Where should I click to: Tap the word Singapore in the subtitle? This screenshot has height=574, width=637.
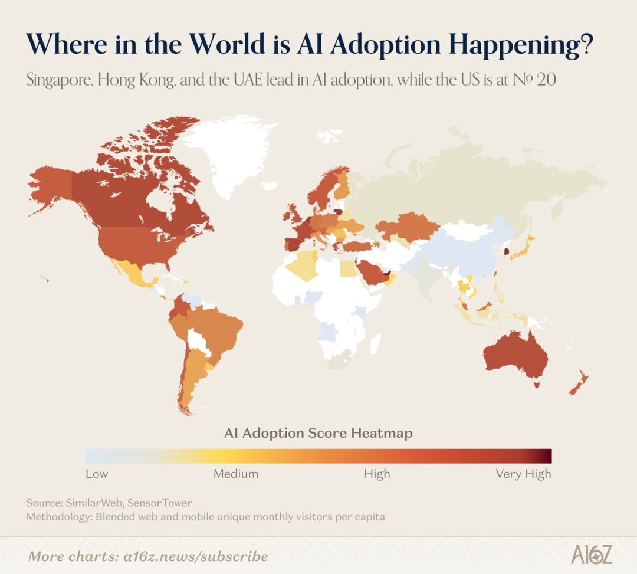(59, 80)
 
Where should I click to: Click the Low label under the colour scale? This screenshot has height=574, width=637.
(97, 474)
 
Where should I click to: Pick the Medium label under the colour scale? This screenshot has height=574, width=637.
(236, 474)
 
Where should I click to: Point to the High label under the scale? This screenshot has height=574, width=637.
(377, 474)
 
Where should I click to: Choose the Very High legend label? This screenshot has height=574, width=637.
(523, 474)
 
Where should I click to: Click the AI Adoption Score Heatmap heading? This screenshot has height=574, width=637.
(318, 433)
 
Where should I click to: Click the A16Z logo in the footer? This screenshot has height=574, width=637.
(592, 555)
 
